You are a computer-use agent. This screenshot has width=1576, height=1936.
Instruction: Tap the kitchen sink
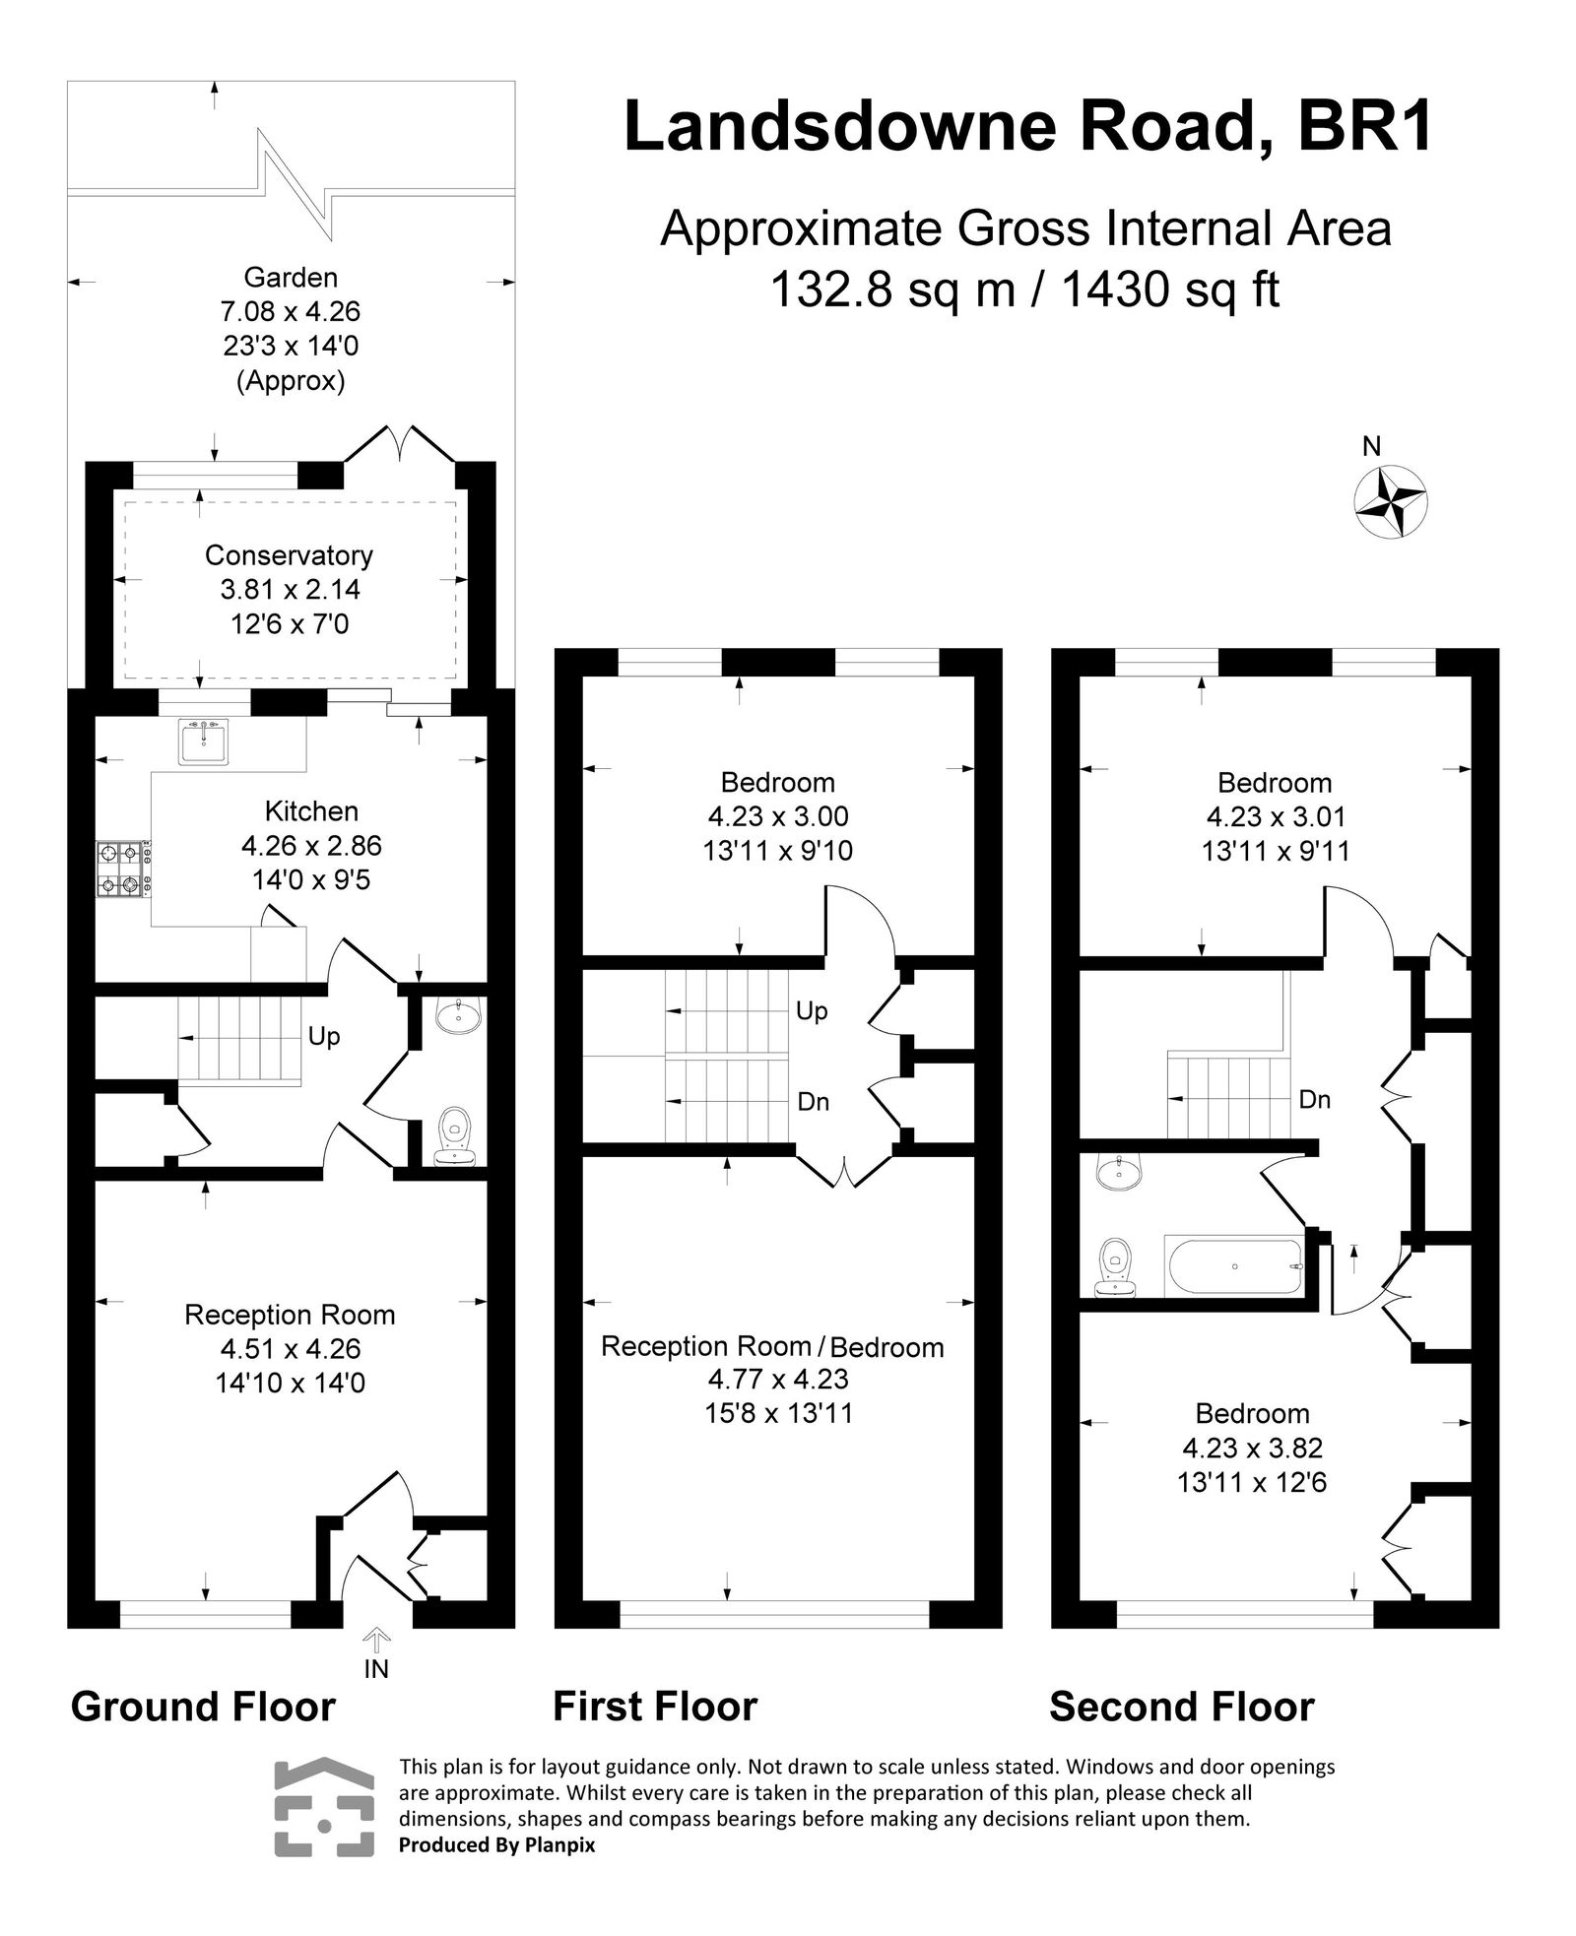tap(205, 742)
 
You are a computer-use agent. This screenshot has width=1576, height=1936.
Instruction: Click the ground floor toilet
tap(456, 1135)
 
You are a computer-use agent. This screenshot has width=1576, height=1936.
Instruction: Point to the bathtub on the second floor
tap(1235, 1266)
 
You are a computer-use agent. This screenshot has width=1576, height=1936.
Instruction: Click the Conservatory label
tap(289, 555)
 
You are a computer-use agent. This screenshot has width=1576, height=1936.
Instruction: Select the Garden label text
tap(291, 279)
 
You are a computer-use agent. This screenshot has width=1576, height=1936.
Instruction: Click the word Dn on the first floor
tap(813, 1102)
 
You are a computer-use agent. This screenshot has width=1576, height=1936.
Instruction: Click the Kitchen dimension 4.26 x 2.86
tap(311, 845)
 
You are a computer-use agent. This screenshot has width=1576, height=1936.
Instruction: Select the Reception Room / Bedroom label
tap(772, 1347)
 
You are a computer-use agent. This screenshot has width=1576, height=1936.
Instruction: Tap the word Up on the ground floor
tap(324, 1036)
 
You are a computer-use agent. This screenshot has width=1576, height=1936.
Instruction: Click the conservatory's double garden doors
tap(400, 445)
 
